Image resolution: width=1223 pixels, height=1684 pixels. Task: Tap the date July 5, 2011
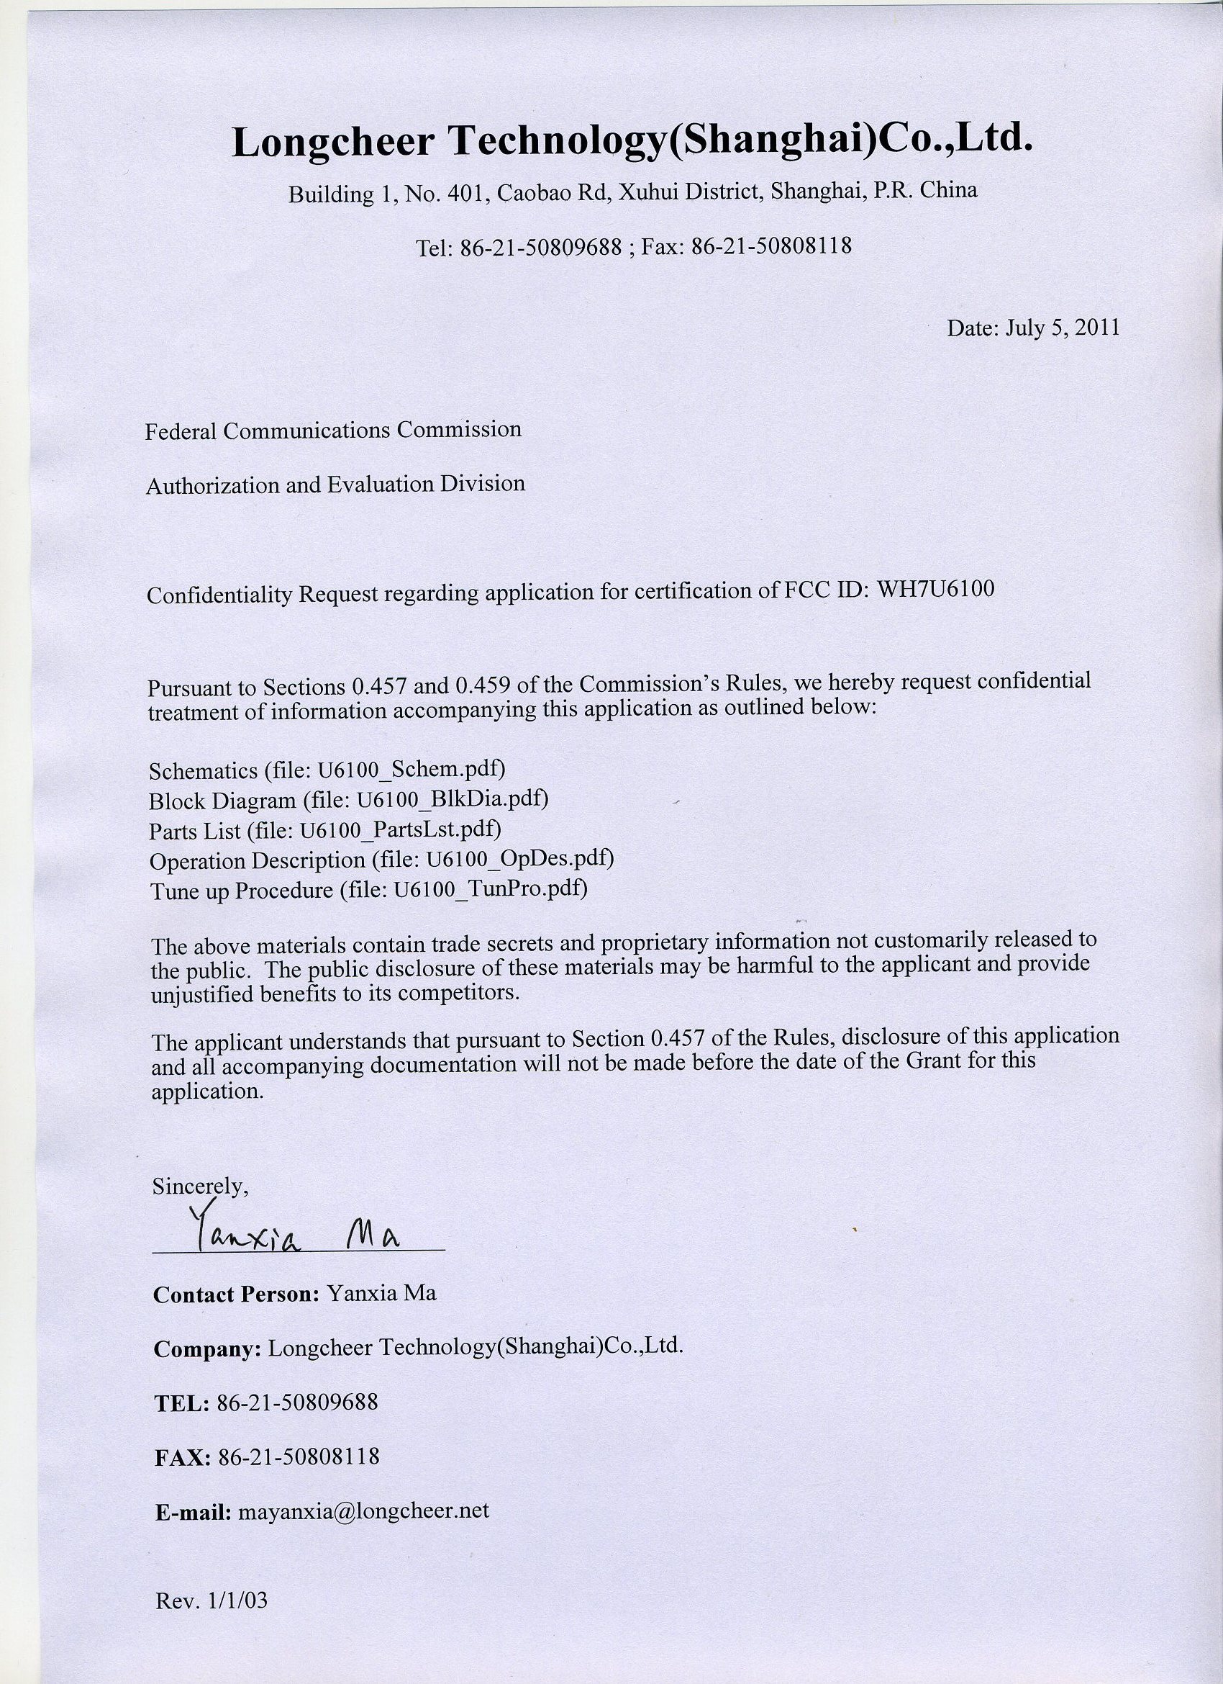pyautogui.click(x=1061, y=328)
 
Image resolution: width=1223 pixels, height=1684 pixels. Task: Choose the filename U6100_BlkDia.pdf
pyautogui.click(x=452, y=800)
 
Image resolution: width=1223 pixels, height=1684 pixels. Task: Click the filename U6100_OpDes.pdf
pyautogui.click(x=519, y=859)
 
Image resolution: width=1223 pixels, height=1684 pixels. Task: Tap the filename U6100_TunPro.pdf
pyautogui.click(x=491, y=888)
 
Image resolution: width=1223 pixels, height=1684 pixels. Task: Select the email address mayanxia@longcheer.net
pyautogui.click(x=363, y=1490)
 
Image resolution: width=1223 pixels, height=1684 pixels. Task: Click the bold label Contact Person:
pyautogui.click(x=236, y=1294)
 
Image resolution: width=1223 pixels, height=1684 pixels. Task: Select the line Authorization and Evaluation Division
pyautogui.click(x=335, y=485)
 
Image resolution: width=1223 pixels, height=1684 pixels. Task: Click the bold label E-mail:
pyautogui.click(x=194, y=1491)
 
